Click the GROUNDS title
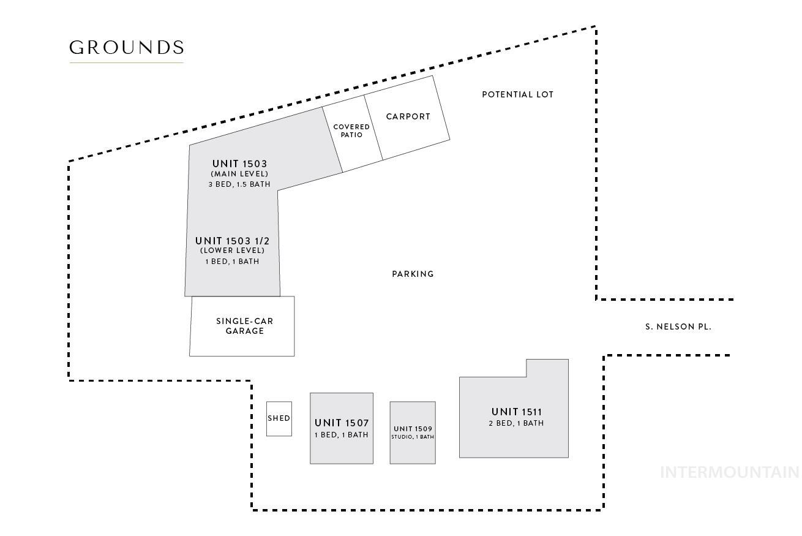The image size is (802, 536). pyautogui.click(x=126, y=48)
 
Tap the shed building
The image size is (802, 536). pyautogui.click(x=279, y=418)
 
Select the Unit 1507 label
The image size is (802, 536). pyautogui.click(x=342, y=423)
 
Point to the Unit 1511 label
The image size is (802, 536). pyautogui.click(x=516, y=412)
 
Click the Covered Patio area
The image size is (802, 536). pyautogui.click(x=351, y=130)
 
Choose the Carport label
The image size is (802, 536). pyautogui.click(x=408, y=116)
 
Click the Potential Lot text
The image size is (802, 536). pyautogui.click(x=517, y=94)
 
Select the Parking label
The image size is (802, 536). pyautogui.click(x=413, y=274)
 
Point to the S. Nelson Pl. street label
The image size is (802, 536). pyautogui.click(x=678, y=327)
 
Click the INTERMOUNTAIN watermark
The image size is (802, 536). pyautogui.click(x=729, y=472)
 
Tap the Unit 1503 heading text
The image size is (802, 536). pyautogui.click(x=239, y=164)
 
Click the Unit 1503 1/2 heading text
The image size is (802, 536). pyautogui.click(x=232, y=241)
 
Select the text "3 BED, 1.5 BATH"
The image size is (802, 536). pyautogui.click(x=239, y=184)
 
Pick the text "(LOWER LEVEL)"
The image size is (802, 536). pyautogui.click(x=232, y=251)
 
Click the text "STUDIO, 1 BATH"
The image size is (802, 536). pyautogui.click(x=413, y=437)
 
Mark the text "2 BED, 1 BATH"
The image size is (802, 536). pyautogui.click(x=516, y=423)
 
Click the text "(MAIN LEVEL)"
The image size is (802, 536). pyautogui.click(x=239, y=174)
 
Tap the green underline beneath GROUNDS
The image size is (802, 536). pyautogui.click(x=126, y=62)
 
